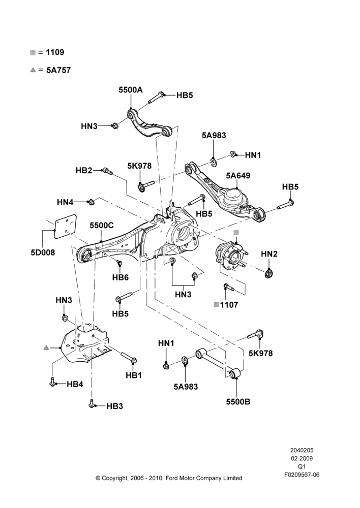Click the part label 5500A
pyautogui.click(x=130, y=90)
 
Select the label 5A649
pyautogui.click(x=238, y=176)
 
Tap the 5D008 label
pyautogui.click(x=43, y=252)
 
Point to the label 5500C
pyautogui.click(x=102, y=226)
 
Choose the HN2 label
pyautogui.click(x=269, y=254)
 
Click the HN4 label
pyautogui.click(x=65, y=203)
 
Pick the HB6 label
pyautogui.click(x=121, y=277)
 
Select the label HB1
pyautogui.click(x=134, y=375)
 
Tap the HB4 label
pyautogui.click(x=75, y=384)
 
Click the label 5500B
pyautogui.click(x=238, y=402)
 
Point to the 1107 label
pyautogui.click(x=229, y=305)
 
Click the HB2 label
pyautogui.click(x=84, y=170)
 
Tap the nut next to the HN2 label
pyautogui.click(x=268, y=274)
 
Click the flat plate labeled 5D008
pyautogui.click(x=65, y=227)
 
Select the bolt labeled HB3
pyautogui.click(x=92, y=404)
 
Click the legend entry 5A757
pyautogui.click(x=58, y=70)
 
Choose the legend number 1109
pyautogui.click(x=55, y=52)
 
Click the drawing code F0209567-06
pyautogui.click(x=302, y=474)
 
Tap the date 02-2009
pyautogui.click(x=302, y=458)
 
